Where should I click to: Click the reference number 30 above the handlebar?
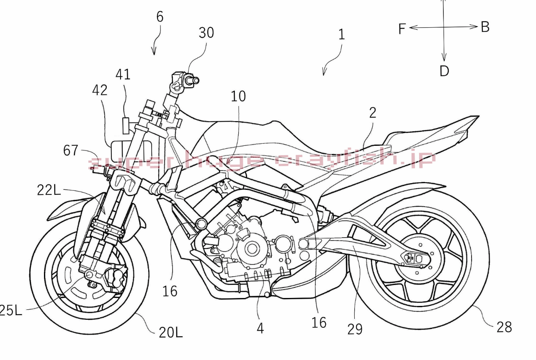coord(206,33)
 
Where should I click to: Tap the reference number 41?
coord(123,75)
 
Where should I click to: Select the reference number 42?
coord(100,90)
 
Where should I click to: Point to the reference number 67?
coord(71,150)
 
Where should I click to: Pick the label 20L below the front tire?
coord(170,332)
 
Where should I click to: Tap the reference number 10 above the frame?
coord(238,96)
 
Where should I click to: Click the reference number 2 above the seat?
coord(373,112)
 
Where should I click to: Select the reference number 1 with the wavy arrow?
coord(341,34)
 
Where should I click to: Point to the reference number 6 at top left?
coord(160,17)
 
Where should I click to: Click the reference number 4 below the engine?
coord(260,328)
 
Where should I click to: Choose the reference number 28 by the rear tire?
coord(504,327)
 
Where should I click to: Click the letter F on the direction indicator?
coord(402,29)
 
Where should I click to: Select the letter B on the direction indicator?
coord(485,27)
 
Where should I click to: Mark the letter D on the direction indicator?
coord(444,71)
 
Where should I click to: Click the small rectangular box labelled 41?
coord(125,124)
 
